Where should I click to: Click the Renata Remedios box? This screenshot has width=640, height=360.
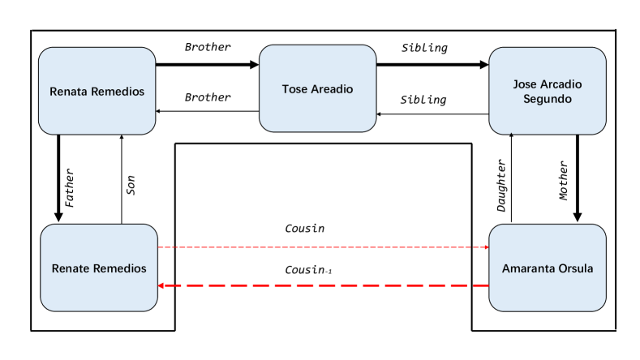(x=97, y=91)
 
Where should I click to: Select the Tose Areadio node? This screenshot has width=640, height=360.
(x=317, y=88)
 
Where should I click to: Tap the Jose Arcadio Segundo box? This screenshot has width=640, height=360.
(x=548, y=91)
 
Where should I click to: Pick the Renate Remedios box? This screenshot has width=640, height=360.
(x=98, y=268)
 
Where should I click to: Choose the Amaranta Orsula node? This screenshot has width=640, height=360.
(x=548, y=268)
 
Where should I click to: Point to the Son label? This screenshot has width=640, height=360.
(x=131, y=187)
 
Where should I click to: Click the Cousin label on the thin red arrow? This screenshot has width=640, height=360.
(x=304, y=229)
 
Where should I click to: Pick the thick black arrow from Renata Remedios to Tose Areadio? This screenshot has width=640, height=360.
(x=207, y=63)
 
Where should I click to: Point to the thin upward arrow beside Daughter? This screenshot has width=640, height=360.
(x=512, y=178)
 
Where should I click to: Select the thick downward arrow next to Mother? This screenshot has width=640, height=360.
(x=578, y=178)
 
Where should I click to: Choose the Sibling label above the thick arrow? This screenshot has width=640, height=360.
(x=424, y=48)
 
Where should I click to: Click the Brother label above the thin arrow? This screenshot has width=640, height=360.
(x=207, y=97)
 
